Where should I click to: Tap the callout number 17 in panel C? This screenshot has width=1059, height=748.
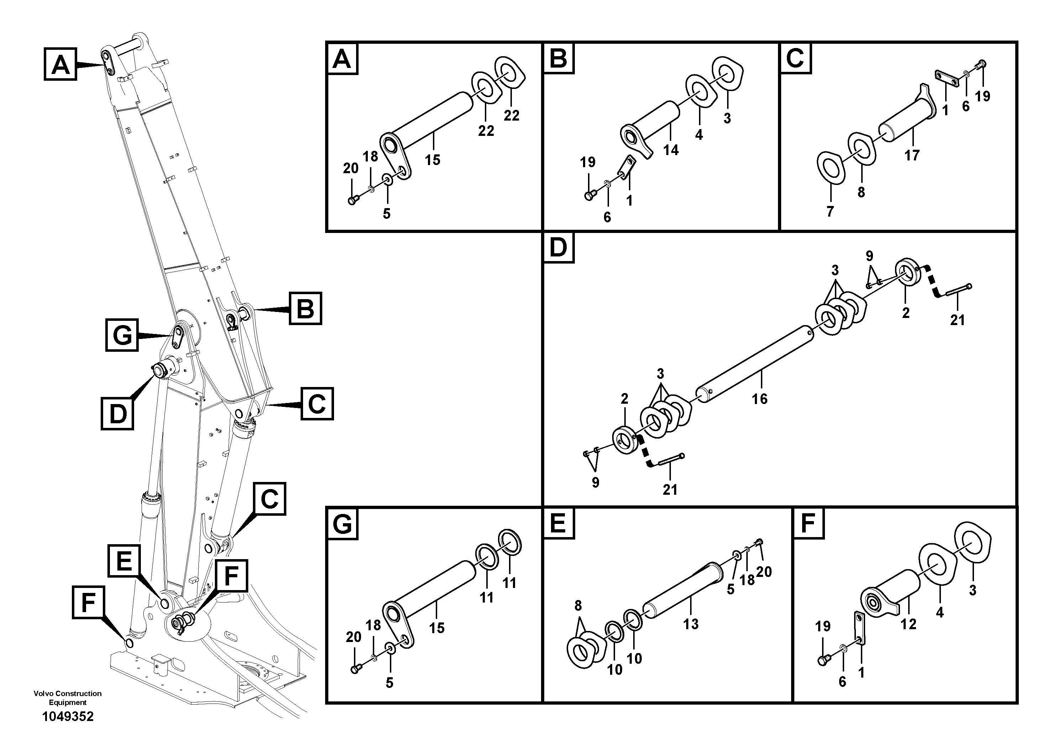[x=912, y=155]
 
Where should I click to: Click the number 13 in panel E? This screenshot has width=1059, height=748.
[x=690, y=624]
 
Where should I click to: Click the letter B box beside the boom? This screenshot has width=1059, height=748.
[x=305, y=308]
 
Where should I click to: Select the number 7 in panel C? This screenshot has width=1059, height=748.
[x=830, y=212]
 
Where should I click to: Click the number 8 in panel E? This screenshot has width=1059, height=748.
[x=578, y=605]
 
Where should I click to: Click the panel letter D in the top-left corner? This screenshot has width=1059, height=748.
[x=558, y=248]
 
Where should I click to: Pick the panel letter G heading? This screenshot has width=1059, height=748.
[x=342, y=524]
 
